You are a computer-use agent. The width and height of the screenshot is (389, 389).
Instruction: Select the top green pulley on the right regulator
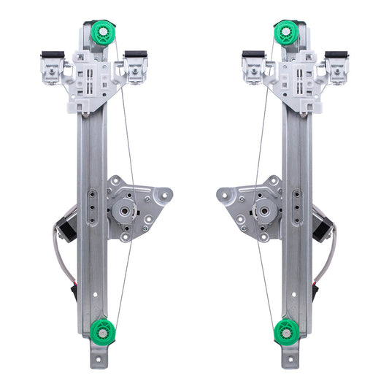click(285, 33)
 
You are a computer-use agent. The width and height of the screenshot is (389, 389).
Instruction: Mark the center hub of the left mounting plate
click(123, 210)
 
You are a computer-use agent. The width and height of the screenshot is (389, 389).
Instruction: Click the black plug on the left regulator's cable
click(75, 293)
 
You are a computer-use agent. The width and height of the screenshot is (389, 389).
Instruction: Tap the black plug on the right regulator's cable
click(315, 293)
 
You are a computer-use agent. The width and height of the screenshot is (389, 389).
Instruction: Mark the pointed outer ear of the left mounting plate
click(166, 194)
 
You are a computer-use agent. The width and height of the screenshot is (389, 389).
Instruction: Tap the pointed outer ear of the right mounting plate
click(223, 194)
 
